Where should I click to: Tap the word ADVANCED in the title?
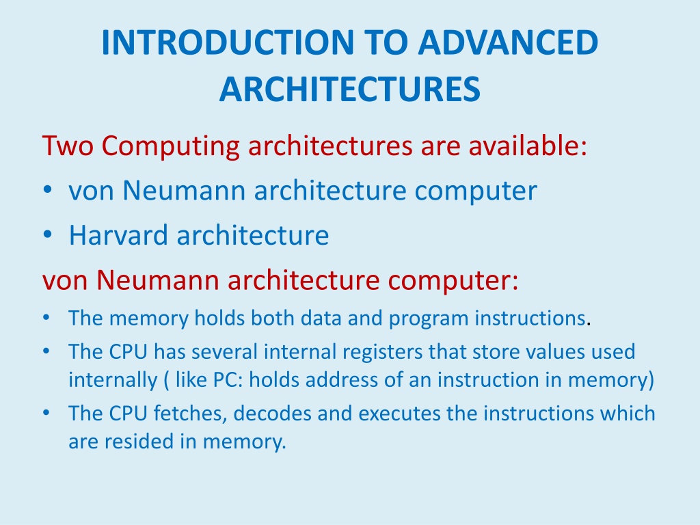[x=508, y=42]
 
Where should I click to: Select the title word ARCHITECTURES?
[x=350, y=89]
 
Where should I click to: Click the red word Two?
[x=68, y=146]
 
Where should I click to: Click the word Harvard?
[x=118, y=235]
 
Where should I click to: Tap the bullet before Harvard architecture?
[x=47, y=234]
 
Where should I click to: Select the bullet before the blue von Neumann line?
[x=47, y=189]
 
